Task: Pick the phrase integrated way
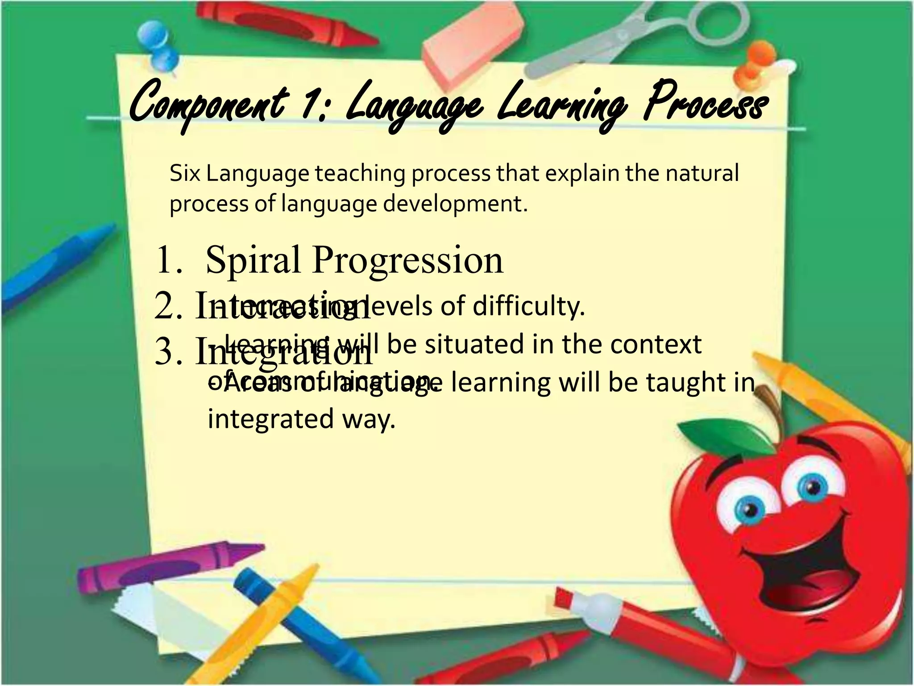[302, 419]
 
